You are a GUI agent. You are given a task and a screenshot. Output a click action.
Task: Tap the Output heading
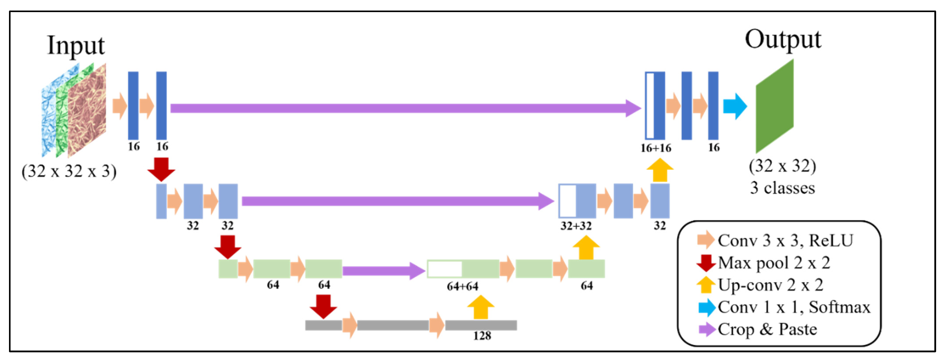click(783, 40)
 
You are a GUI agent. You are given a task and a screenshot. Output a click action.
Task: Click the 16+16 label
click(656, 148)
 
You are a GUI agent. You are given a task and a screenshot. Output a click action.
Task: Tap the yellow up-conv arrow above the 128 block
click(481, 307)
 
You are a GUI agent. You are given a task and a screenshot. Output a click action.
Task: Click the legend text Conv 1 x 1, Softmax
click(794, 307)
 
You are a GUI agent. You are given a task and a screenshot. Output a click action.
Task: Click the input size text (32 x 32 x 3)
click(69, 171)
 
